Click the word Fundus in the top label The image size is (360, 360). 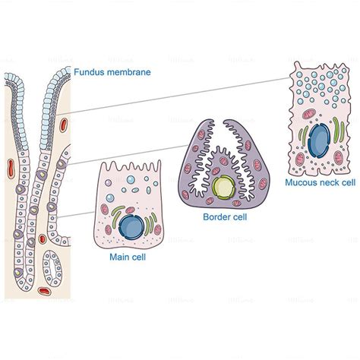click(x=90, y=73)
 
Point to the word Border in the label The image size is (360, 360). click(x=216, y=216)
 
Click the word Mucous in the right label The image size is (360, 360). click(x=302, y=182)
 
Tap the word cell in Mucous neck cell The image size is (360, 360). click(x=349, y=182)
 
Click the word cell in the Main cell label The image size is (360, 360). click(x=139, y=258)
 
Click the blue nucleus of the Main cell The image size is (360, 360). click(x=133, y=226)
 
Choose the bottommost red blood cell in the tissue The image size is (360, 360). click(x=46, y=289)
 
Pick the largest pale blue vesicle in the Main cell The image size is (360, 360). click(x=131, y=183)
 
